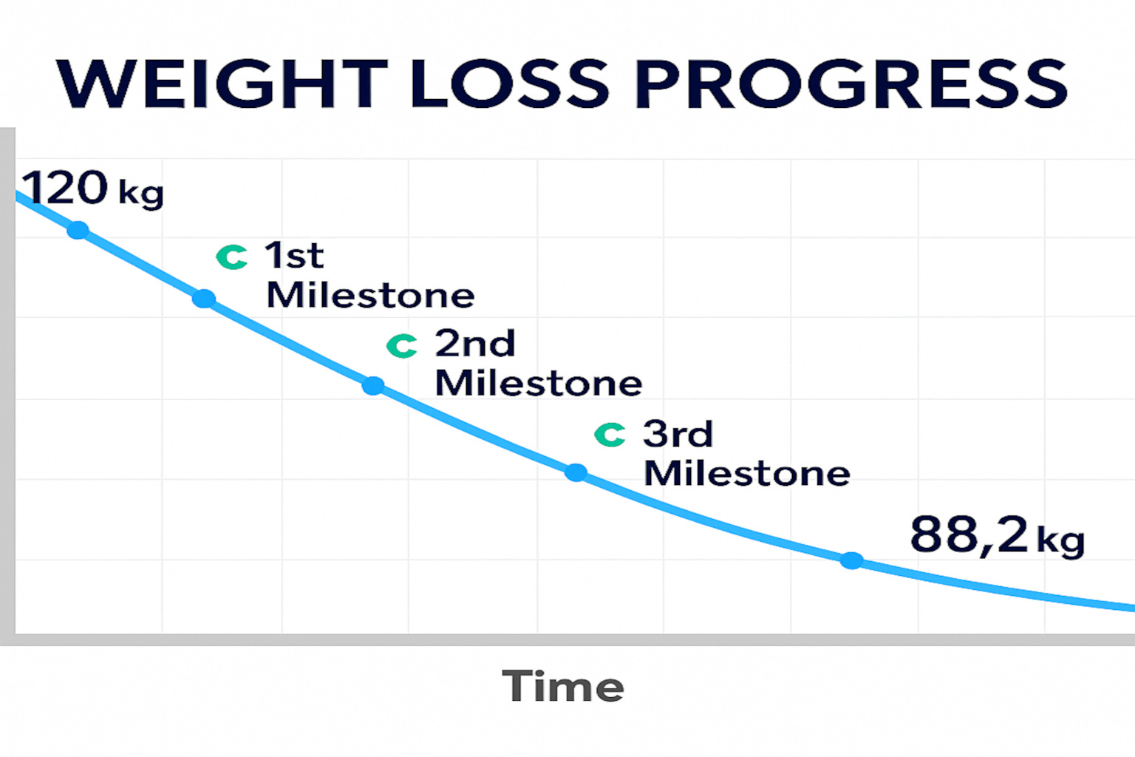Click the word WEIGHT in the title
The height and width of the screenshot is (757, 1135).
coord(222,83)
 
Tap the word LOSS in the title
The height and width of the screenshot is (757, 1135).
coord(510,83)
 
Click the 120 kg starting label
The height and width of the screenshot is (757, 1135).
coord(92,189)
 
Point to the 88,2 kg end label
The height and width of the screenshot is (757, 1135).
coord(997,535)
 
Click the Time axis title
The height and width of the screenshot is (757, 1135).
coord(563,686)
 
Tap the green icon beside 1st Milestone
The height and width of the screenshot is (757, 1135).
coord(232,257)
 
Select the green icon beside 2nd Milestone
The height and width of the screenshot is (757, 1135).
coord(402,345)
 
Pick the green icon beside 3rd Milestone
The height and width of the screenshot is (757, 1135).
coord(610,435)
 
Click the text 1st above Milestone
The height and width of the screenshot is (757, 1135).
coord(294,256)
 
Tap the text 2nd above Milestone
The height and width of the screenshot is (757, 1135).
coord(474,344)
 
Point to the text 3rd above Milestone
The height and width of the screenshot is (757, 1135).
coord(678,434)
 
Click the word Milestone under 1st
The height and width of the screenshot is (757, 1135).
coord(370,296)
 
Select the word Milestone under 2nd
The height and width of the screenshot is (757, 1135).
coord(539,383)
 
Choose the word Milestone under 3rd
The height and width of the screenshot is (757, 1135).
coord(747,473)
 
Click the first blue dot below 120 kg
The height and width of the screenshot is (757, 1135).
coord(78,231)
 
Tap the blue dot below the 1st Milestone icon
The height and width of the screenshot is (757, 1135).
coord(204,299)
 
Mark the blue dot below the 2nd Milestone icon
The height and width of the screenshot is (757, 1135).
coord(373,386)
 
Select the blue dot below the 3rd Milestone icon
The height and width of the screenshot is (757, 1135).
coord(576,472)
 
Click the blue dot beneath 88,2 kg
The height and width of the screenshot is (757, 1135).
coord(852,560)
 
